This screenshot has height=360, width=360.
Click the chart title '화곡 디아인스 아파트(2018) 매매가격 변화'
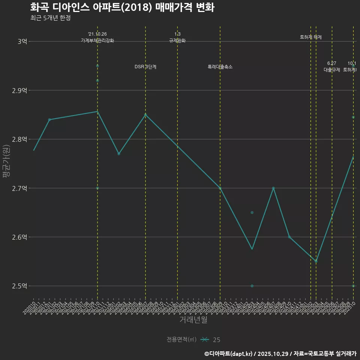pyautogui.click(x=122, y=7)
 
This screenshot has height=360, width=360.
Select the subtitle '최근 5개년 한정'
pyautogui.click(x=50, y=18)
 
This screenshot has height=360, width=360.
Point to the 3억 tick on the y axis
pyautogui.click(x=22, y=42)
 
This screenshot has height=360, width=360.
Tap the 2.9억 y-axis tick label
pyautogui.click(x=19, y=90)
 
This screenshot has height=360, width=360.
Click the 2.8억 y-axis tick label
pyautogui.click(x=19, y=139)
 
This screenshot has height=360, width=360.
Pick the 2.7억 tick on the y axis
pyautogui.click(x=19, y=188)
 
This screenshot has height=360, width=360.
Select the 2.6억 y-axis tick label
pyautogui.click(x=19, y=237)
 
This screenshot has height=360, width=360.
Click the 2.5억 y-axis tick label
pyautogui.click(x=19, y=286)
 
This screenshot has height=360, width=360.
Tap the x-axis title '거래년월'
pyautogui.click(x=193, y=320)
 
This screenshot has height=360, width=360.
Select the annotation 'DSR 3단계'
pyautogui.click(x=145, y=67)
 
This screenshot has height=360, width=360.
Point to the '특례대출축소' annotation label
pyautogui.click(x=220, y=67)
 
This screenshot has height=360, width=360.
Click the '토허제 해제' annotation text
pyautogui.click(x=311, y=37)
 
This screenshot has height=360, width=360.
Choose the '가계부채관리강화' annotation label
pyautogui.click(x=97, y=40)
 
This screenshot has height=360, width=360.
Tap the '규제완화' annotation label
pyautogui.click(x=177, y=40)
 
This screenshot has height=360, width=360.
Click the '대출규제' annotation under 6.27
pyautogui.click(x=332, y=70)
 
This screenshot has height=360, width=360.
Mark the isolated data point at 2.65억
pyautogui.click(x=252, y=213)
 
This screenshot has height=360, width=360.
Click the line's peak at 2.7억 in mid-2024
pyautogui.click(x=273, y=188)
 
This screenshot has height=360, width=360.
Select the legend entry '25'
pyautogui.click(x=216, y=340)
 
